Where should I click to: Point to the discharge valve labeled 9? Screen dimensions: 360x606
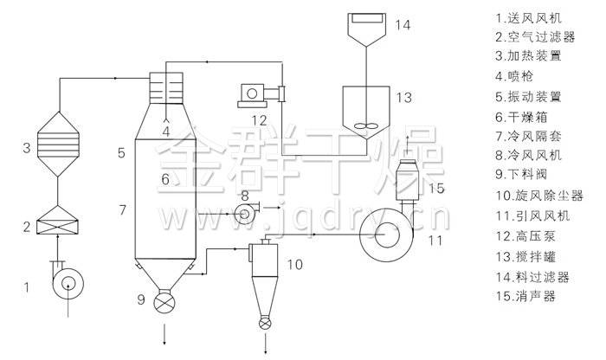tap(164, 304)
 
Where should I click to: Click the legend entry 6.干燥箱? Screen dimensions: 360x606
tap(524, 115)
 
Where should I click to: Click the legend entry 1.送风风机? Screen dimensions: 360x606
tap(530, 16)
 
